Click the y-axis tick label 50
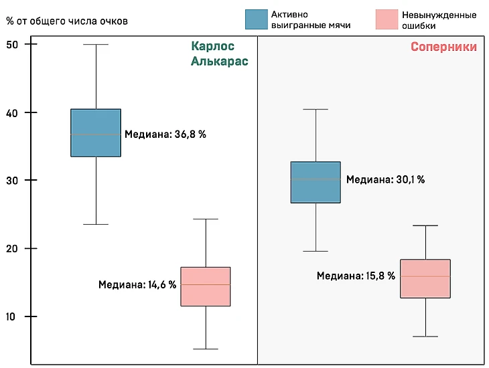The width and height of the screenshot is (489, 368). coord(13,44)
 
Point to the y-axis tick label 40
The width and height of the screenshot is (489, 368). coord(13,112)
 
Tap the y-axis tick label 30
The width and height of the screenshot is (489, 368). coord(13,181)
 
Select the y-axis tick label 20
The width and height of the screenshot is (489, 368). coord(13,249)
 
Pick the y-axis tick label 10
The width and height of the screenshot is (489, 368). coord(13,316)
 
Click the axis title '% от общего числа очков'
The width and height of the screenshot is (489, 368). coord(67,21)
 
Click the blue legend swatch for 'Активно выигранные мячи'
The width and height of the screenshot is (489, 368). coord(257,20)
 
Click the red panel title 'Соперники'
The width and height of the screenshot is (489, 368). coord(443,47)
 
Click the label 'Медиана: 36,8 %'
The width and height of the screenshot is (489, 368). coord(166,134)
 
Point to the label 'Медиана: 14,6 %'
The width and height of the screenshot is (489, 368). coord(137,284)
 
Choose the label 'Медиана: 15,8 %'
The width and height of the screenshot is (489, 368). coord(356,275)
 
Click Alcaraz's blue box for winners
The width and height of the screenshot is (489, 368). coord(96,132)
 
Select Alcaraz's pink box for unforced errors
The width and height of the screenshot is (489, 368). coord(206,286)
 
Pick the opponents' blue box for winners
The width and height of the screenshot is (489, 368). coord(316,182)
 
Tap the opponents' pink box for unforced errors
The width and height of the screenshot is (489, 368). coord(425,278)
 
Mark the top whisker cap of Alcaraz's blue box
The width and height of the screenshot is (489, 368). coord(96,44)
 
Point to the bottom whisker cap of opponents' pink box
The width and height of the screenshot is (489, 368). coord(425,337)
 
